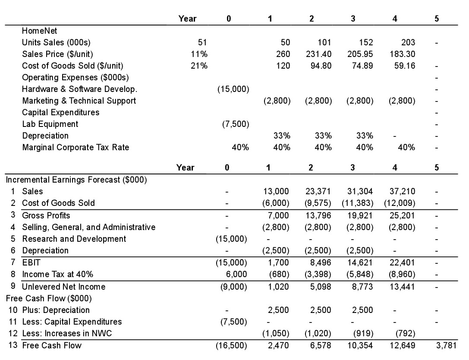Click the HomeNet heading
[x=39, y=31]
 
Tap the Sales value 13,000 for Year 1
[x=277, y=191]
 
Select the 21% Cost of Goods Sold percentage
[x=199, y=66]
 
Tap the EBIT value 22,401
[x=403, y=262]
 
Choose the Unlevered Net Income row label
[x=63, y=287]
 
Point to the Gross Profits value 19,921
[x=360, y=215]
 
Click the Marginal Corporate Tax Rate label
[x=76, y=147]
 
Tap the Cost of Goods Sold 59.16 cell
[x=405, y=66]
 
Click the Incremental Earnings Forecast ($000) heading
[x=76, y=180]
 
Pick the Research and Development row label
[x=74, y=239]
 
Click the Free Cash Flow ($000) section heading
[x=47, y=298]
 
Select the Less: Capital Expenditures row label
[x=72, y=322]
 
